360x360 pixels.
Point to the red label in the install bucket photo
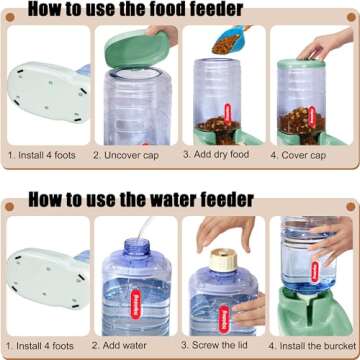(313, 266)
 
